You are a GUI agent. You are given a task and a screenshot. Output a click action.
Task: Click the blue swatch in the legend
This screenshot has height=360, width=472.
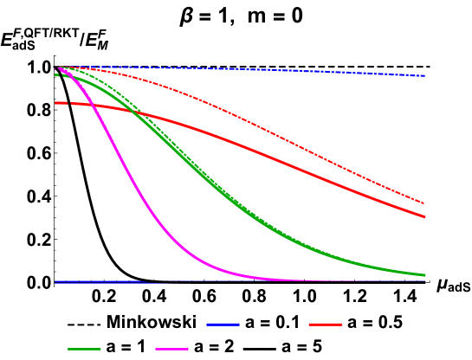(223, 325)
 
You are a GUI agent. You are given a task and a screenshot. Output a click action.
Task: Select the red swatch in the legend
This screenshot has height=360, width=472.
(325, 325)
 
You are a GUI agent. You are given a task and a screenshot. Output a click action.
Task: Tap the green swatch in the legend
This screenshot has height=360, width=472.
(84, 349)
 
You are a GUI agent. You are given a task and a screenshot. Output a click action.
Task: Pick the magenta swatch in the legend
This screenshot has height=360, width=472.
(171, 349)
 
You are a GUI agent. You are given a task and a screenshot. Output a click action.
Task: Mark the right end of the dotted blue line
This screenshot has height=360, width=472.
(425, 76)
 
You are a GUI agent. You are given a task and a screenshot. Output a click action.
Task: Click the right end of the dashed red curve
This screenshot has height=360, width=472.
(424, 203)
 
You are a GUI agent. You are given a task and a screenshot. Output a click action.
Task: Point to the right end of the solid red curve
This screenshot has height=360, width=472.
(425, 217)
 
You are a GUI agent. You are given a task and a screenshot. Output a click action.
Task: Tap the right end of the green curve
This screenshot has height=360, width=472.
(425, 275)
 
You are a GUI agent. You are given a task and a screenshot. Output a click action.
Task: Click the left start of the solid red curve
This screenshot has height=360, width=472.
(55, 103)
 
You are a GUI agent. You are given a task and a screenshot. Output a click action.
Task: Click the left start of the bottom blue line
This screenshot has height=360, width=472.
(55, 281)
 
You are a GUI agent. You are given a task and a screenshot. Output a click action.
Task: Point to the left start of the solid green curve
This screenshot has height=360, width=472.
(55, 75)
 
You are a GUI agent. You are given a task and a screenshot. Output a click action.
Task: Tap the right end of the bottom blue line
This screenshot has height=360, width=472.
(425, 281)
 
